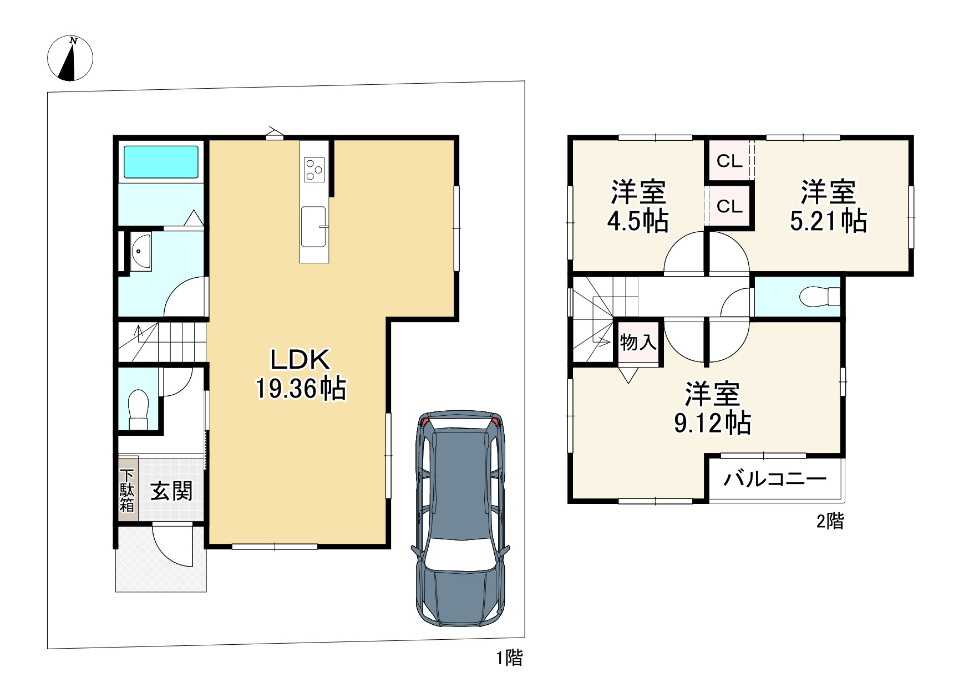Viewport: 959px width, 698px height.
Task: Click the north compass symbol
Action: pyautogui.click(x=70, y=58)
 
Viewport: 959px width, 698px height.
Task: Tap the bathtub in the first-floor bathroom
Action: pyautogui.click(x=161, y=162)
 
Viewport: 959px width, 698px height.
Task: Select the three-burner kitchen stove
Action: pyautogui.click(x=314, y=169)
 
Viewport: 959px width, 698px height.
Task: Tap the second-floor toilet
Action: pyautogui.click(x=820, y=296)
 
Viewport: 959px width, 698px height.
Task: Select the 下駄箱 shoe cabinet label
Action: pyautogui.click(x=128, y=490)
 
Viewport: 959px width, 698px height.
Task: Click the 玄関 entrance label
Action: pyautogui.click(x=172, y=491)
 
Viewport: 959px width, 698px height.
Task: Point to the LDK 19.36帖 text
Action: pyautogui.click(x=301, y=374)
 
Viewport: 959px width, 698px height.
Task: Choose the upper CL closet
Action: pyautogui.click(x=729, y=161)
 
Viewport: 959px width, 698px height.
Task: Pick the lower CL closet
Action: pyautogui.click(x=729, y=206)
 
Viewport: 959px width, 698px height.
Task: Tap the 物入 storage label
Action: pyautogui.click(x=638, y=342)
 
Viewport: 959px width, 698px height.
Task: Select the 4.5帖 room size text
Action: pyautogui.click(x=638, y=222)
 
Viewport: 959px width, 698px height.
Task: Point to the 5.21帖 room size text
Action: pyautogui.click(x=828, y=221)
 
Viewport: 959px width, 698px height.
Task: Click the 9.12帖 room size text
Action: pyautogui.click(x=713, y=424)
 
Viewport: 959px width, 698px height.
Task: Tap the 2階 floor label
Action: pyautogui.click(x=830, y=521)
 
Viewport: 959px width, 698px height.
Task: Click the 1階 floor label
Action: pyautogui.click(x=509, y=658)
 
